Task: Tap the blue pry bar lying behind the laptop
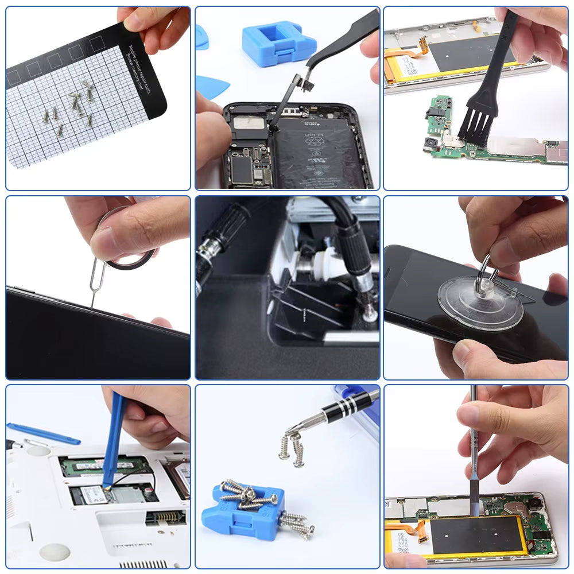pyautogui.click(x=43, y=433)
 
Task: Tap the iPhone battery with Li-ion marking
pyautogui.click(x=319, y=158)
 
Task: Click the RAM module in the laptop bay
pyautogui.click(x=103, y=465)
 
